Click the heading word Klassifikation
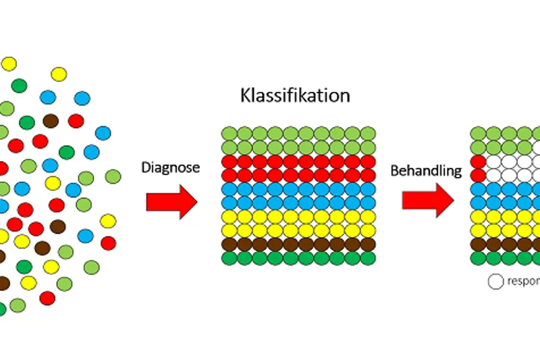295,95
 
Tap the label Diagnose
170,168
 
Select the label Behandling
426,170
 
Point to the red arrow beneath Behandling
428,201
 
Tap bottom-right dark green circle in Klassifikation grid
368,257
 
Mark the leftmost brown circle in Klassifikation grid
229,244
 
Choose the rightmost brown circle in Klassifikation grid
368,244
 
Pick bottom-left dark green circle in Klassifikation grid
229,257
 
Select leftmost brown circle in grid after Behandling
478,244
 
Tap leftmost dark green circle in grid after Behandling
478,257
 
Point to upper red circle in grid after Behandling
478,161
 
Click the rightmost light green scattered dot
114,177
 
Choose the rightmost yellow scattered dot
108,221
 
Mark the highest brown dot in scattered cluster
51,122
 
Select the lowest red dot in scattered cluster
47,298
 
